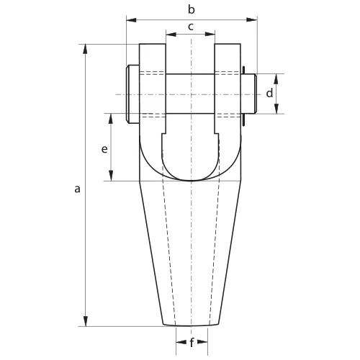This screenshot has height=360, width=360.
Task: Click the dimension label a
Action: [77, 189]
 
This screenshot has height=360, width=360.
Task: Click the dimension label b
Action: [192, 10]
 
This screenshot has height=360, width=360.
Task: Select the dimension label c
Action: [191, 27]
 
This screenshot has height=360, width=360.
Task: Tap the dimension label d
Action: [269, 93]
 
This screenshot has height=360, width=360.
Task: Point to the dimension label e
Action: [104, 149]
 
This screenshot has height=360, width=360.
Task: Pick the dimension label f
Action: [192, 343]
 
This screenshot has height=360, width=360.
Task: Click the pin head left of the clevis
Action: [132, 94]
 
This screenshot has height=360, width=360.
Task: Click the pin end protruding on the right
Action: [248, 94]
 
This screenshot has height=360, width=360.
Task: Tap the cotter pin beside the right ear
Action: [243, 96]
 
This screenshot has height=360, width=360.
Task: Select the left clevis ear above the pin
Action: [153, 58]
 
